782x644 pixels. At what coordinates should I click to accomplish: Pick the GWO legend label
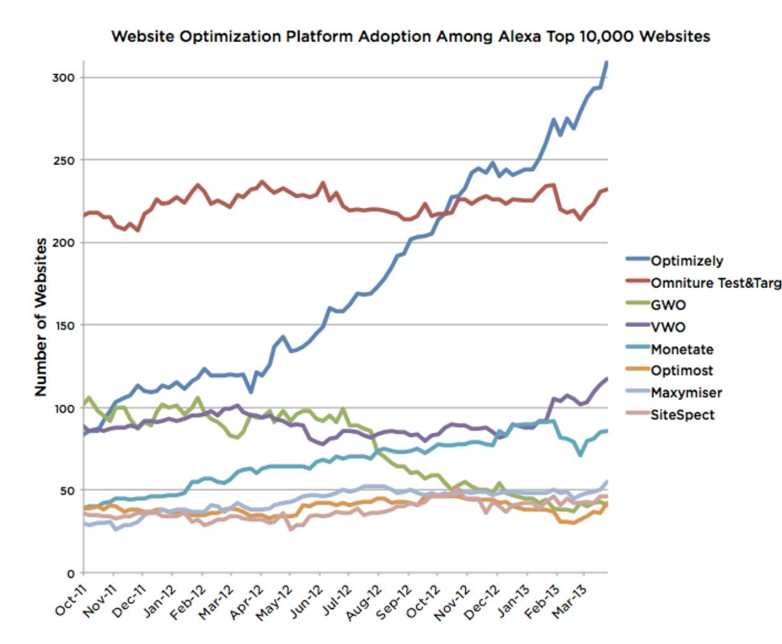[x=668, y=305]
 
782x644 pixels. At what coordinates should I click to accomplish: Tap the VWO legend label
[x=668, y=327]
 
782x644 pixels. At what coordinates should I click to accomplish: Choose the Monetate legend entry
[x=682, y=349]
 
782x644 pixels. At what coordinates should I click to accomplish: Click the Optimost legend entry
[x=682, y=371]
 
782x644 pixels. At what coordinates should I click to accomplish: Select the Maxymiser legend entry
[x=686, y=392]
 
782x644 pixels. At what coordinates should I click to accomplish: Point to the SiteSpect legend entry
[x=682, y=415]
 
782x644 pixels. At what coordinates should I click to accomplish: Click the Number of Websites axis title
[x=41, y=316]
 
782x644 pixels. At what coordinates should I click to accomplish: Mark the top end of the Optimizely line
[x=607, y=62]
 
